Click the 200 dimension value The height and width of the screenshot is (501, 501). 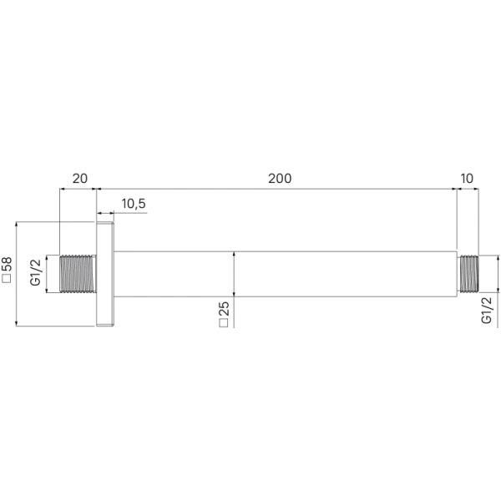pos(280,179)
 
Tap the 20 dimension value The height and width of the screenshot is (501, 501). pos(79,179)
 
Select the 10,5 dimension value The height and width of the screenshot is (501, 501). pos(134,204)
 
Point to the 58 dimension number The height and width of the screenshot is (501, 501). pos(7,264)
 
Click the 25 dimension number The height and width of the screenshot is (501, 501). pos(224,309)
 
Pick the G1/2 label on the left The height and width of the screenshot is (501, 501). pos(35,272)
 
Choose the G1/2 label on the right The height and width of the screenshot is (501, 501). pos(486,310)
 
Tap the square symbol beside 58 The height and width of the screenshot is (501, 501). pos(7,278)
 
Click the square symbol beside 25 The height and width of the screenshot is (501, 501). pos(224,322)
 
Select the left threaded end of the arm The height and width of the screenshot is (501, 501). pos(78,274)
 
